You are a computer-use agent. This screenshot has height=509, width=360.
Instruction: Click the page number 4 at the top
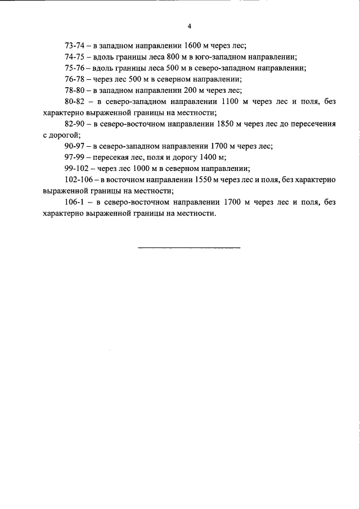[190, 26]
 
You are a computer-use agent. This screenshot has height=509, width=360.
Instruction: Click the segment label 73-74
[75, 46]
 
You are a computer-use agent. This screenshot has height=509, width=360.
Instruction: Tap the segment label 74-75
[75, 57]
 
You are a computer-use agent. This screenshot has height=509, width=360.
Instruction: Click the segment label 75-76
[75, 68]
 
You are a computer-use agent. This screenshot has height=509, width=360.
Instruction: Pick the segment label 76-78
[75, 79]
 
